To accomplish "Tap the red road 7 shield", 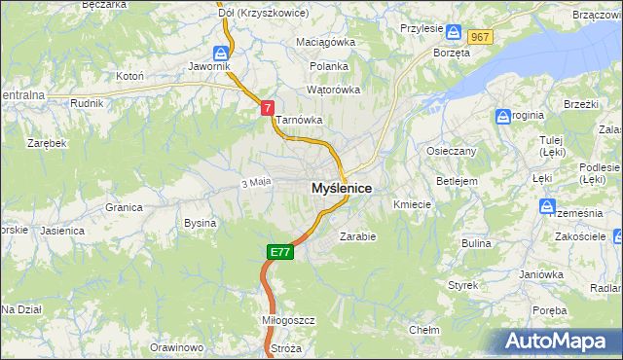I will click(x=267, y=111).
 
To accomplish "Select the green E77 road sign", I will click(x=279, y=252).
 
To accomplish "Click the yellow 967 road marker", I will click(x=479, y=36).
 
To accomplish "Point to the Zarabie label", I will click(x=357, y=235).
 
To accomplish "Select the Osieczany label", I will click(x=452, y=151).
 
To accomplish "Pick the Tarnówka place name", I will click(x=298, y=120).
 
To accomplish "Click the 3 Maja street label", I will click(x=254, y=182).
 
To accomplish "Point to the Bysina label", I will click(x=200, y=223).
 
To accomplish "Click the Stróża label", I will click(x=285, y=347).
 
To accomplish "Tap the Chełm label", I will click(x=423, y=330).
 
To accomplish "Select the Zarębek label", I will click(x=46, y=142).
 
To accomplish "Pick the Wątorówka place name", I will click(x=333, y=90).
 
